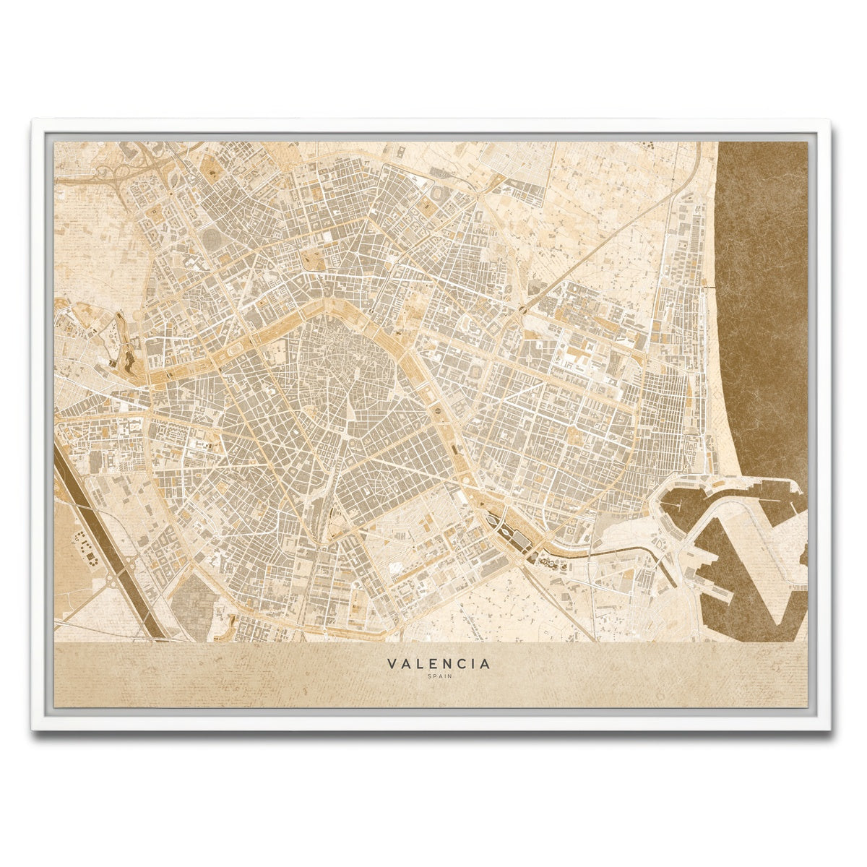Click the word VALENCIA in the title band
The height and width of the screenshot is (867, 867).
pyautogui.click(x=439, y=663)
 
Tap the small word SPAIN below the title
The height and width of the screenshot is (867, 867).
pyautogui.click(x=439, y=677)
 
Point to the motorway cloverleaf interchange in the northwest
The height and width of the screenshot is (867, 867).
pyautogui.click(x=116, y=173)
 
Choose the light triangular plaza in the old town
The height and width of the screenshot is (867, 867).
pyautogui.click(x=352, y=415)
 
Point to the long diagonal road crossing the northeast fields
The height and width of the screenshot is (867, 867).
pyautogui.click(x=600, y=246)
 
